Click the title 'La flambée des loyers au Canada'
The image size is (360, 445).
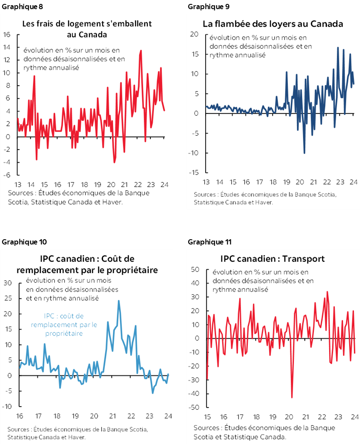click(x=273, y=24)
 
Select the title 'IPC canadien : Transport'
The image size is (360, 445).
click(x=273, y=259)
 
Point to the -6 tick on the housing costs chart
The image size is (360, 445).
click(x=7, y=175)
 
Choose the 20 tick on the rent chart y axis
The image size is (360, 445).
click(x=194, y=34)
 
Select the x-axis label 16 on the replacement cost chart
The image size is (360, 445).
click(x=20, y=415)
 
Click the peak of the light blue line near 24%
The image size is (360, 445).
click(x=119, y=301)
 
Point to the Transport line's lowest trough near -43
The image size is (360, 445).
click(x=292, y=397)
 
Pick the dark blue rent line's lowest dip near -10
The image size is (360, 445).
click(x=304, y=153)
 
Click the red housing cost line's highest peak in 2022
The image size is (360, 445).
click(x=141, y=51)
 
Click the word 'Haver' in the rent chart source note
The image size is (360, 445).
click(x=263, y=202)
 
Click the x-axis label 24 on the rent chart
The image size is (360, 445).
click(x=354, y=182)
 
